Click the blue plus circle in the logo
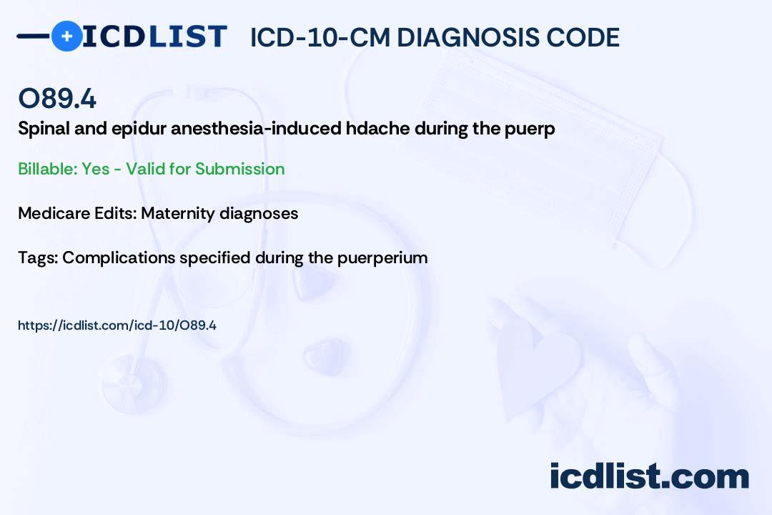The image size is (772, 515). coord(66,36)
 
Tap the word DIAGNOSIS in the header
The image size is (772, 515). coord(467,37)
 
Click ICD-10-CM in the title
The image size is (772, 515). coord(320,37)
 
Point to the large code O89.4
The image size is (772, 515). coord(57,98)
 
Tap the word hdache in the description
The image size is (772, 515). coord(378,129)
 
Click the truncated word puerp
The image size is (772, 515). coord(530,129)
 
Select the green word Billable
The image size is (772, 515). coord(48,169)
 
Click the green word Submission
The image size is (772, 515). coord(239,169)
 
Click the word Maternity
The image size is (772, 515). coord(178,214)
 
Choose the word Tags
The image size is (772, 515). coord(38,258)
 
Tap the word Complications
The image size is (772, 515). coord(119,258)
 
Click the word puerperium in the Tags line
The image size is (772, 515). coord(382,258)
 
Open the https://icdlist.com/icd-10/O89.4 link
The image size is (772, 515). coord(117,325)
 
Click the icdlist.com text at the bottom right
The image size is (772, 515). coord(649,476)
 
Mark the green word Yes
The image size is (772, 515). coord(96,169)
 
